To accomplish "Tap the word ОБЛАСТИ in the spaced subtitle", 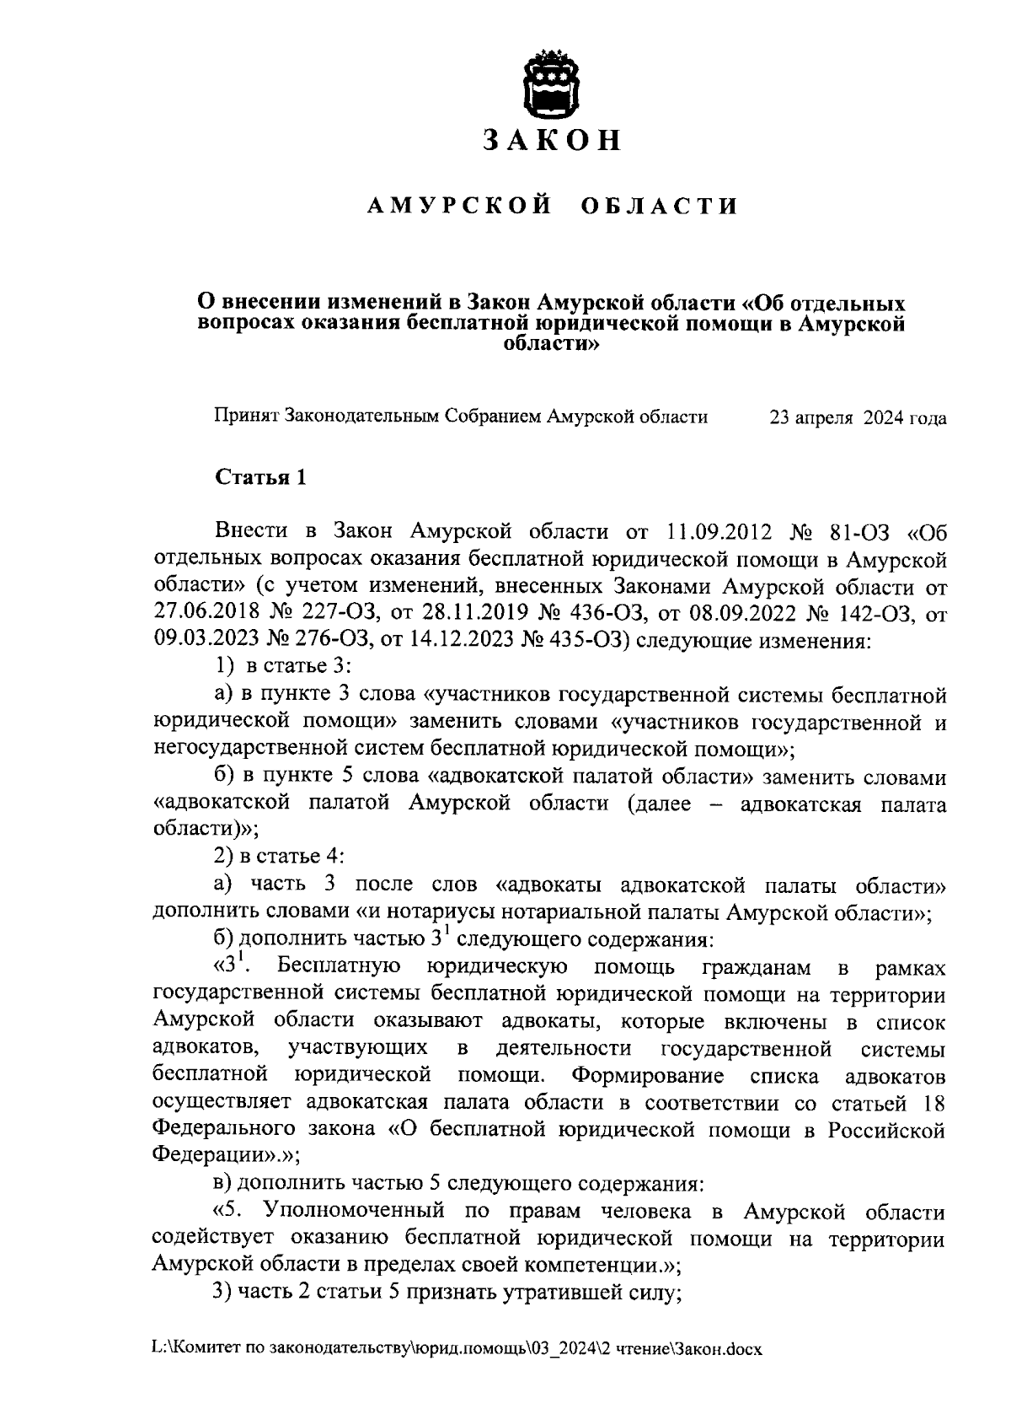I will pos(660,207).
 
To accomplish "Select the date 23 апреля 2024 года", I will pos(858,417).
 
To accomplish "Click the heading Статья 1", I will pos(261,478).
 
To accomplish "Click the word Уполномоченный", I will pos(354,1213).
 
